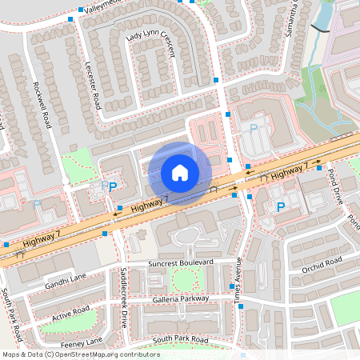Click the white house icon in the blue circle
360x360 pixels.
180,172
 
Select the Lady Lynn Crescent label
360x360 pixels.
153,43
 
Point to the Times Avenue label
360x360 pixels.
238,279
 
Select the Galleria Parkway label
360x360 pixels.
180,298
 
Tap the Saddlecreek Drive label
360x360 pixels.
122,296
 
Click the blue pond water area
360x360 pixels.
326,11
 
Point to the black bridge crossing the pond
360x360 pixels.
319,29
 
